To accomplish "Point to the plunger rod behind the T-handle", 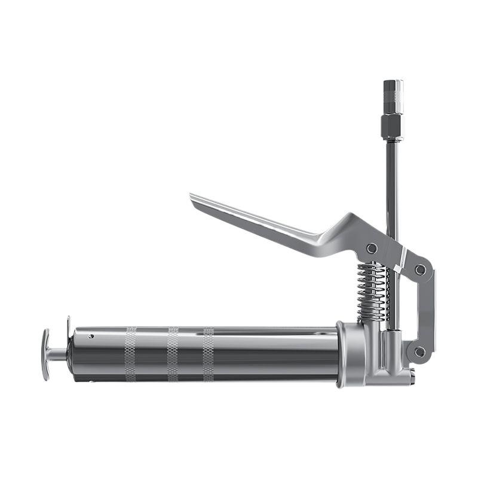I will [x=58, y=354].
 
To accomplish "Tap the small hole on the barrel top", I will [x=91, y=336].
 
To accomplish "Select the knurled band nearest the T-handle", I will [x=130, y=354].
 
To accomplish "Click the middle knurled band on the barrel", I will [x=173, y=354].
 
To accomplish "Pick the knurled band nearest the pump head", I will [x=208, y=354].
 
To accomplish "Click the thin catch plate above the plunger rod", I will [x=69, y=327].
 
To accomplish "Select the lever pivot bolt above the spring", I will [x=372, y=248].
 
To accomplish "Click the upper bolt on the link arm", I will [x=421, y=269].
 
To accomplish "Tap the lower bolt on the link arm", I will [x=419, y=352].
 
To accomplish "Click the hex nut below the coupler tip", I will [x=392, y=125].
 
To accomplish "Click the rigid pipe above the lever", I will [x=392, y=179].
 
